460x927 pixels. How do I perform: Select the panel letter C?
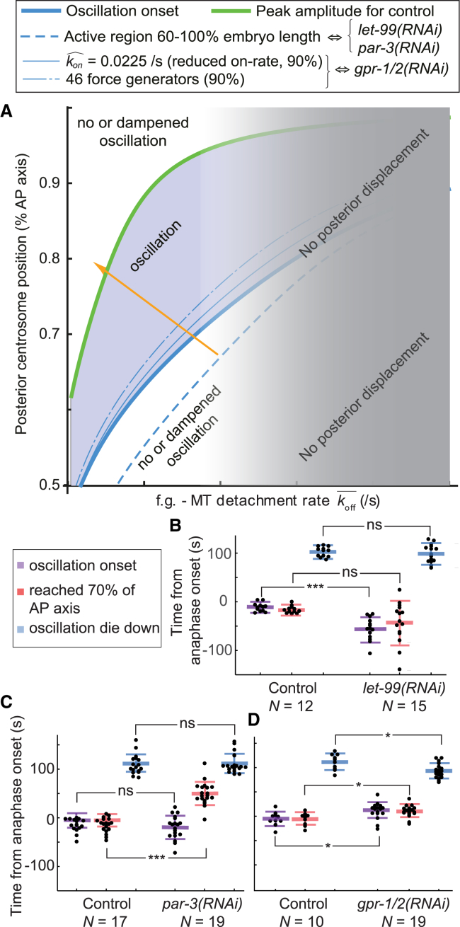tap(8, 722)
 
